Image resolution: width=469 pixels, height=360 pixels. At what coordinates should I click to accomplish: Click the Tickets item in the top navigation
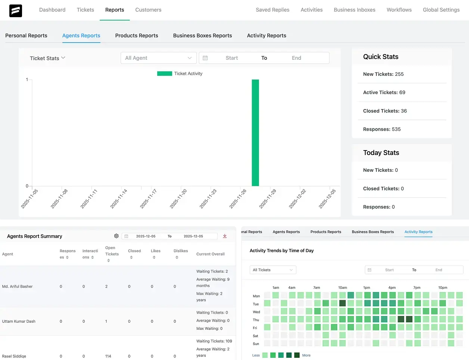[x=85, y=10]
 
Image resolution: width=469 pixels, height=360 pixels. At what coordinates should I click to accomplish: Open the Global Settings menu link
[x=441, y=10]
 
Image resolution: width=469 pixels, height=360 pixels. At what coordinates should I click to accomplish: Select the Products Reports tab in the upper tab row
[x=136, y=35]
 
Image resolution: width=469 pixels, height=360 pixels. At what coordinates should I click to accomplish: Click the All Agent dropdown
[x=158, y=58]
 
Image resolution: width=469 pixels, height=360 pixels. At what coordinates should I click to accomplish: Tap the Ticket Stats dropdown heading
[x=47, y=58]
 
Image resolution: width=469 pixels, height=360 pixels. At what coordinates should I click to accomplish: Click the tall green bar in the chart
[x=255, y=133]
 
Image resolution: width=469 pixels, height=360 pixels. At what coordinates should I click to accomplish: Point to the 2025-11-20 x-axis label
[x=178, y=199]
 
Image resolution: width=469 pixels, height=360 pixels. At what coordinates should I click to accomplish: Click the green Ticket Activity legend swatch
[x=164, y=74]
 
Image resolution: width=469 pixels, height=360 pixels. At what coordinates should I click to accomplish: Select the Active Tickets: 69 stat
[x=384, y=92]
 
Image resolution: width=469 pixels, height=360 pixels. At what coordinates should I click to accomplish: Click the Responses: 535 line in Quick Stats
[x=382, y=129]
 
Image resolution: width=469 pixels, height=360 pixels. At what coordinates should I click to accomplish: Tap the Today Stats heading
[x=381, y=153]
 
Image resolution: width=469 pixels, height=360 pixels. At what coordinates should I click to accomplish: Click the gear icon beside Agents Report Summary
[x=116, y=236]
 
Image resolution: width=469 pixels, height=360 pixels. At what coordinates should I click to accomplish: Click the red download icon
[x=225, y=236]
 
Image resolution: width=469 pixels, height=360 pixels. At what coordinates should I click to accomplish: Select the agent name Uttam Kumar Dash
[x=19, y=321]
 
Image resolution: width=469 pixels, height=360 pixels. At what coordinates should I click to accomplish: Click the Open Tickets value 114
[x=108, y=356]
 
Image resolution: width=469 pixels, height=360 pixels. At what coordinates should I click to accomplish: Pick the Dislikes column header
[x=181, y=251]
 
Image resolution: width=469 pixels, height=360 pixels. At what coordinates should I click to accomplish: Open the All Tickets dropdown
[x=273, y=270]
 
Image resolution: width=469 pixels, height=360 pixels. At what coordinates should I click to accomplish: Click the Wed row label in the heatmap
[x=256, y=312]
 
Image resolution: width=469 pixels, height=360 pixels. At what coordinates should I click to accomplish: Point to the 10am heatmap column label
[x=342, y=288]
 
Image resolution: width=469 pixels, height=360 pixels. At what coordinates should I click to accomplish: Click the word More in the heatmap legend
[x=306, y=355]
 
